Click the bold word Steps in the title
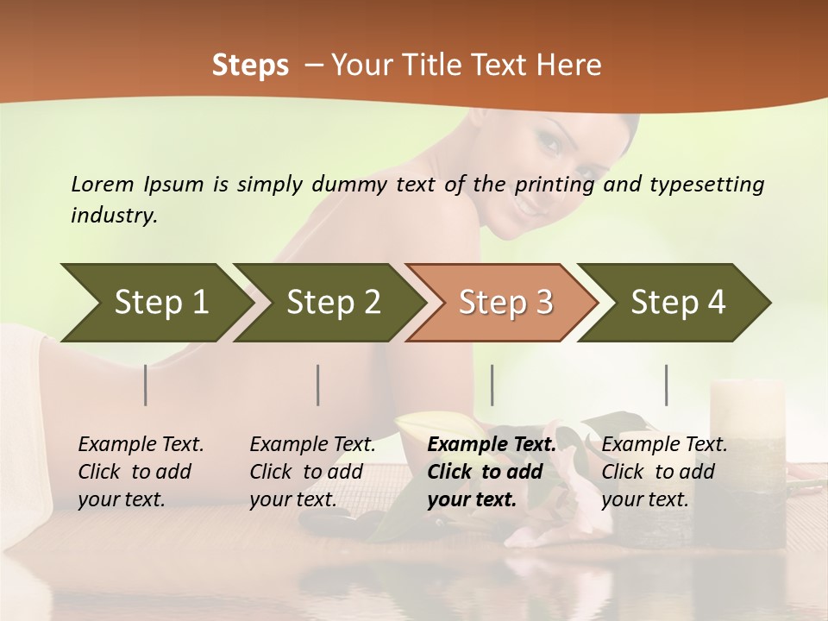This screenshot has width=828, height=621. (x=250, y=66)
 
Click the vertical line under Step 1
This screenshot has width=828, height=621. (x=146, y=385)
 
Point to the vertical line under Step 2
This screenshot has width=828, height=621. (x=318, y=385)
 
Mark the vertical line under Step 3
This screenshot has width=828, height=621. (x=492, y=385)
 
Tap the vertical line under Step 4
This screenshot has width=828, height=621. (x=667, y=385)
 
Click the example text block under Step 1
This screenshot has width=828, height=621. (x=141, y=472)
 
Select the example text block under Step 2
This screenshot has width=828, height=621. (x=312, y=472)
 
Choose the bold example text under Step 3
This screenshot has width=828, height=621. (x=492, y=472)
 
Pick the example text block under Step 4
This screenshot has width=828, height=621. (x=664, y=472)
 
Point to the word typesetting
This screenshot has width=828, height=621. (x=706, y=185)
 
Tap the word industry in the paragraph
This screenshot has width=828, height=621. (x=113, y=216)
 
